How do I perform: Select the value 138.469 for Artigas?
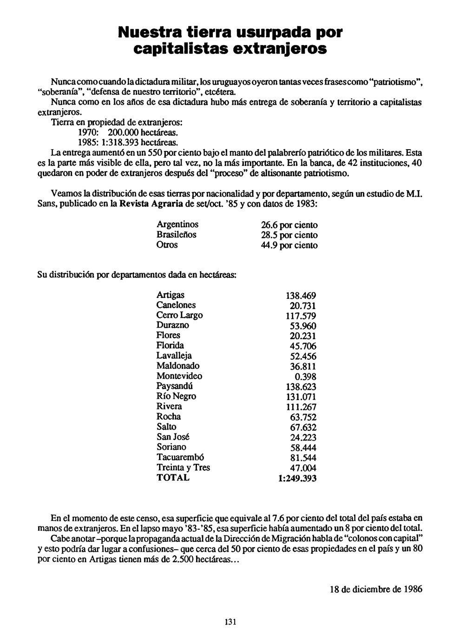point(301,296)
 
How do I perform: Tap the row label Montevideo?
point(179,376)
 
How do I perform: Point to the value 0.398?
point(306,377)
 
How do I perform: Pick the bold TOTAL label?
point(173,478)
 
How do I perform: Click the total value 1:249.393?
point(297,479)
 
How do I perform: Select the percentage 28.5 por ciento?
point(289,235)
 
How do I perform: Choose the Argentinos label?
point(177,224)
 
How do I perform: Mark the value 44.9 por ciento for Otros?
point(289,245)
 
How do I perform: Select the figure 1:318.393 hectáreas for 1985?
point(128,142)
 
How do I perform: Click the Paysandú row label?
point(175,386)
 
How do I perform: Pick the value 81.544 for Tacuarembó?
point(303,458)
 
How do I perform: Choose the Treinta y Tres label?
point(183,467)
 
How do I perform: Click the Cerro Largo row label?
point(179,315)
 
